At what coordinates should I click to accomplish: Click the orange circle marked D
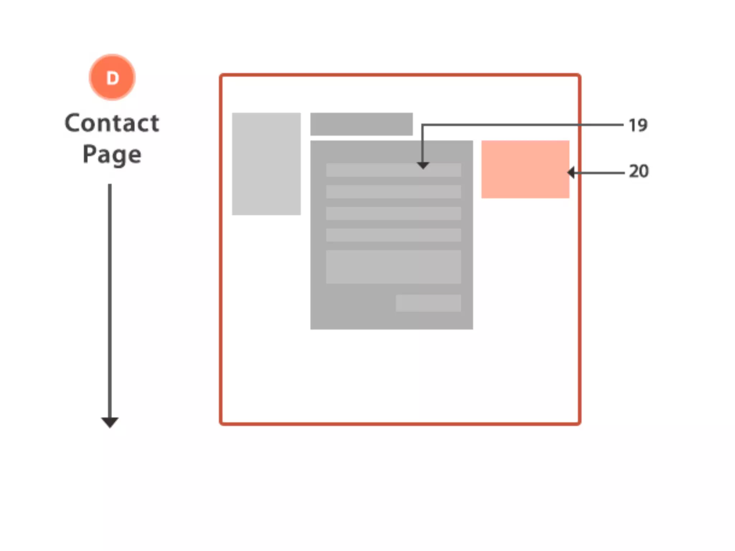(x=112, y=77)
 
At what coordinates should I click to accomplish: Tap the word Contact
(x=112, y=123)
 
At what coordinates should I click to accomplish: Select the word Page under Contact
(x=112, y=155)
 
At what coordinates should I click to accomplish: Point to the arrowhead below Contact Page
(x=110, y=422)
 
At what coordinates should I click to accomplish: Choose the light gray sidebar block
(x=266, y=164)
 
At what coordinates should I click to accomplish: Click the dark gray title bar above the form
(x=361, y=124)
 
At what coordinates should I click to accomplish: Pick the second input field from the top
(x=393, y=192)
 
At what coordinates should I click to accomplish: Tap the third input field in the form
(x=393, y=213)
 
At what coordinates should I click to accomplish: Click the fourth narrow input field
(x=393, y=235)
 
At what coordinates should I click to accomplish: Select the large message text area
(x=393, y=267)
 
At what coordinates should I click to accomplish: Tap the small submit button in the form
(x=428, y=303)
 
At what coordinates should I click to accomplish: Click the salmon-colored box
(x=525, y=169)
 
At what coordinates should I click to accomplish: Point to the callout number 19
(x=638, y=126)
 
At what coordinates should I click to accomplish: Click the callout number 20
(x=639, y=171)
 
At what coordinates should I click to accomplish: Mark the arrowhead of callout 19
(x=423, y=165)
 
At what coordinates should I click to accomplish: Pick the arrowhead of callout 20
(x=571, y=173)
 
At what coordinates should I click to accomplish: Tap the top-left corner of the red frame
(x=221, y=75)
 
